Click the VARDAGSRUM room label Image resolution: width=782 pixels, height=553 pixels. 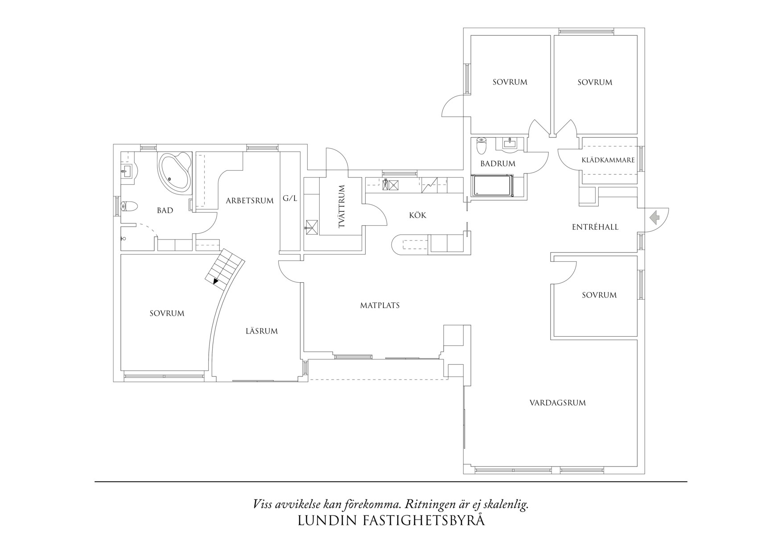click(557, 403)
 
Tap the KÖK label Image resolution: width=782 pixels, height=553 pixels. click(418, 215)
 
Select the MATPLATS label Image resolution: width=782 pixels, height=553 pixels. click(380, 305)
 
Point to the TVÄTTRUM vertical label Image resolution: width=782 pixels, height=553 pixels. click(342, 206)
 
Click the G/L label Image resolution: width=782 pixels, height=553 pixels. click(290, 198)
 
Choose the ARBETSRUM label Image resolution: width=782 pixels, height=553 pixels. click(250, 201)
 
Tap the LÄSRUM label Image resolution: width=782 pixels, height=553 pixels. click(262, 331)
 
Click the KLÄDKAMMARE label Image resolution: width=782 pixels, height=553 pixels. click(608, 160)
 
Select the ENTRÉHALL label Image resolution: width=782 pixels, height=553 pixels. click(595, 227)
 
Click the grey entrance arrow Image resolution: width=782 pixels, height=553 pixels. click(654, 218)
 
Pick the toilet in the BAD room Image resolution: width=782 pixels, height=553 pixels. click(130, 206)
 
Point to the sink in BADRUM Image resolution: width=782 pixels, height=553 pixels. click(509, 143)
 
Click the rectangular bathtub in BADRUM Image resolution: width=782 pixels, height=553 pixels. click(492, 186)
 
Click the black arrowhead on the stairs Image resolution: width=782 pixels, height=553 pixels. click(216, 281)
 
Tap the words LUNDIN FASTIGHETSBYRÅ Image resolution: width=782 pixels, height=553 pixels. click(391, 521)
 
